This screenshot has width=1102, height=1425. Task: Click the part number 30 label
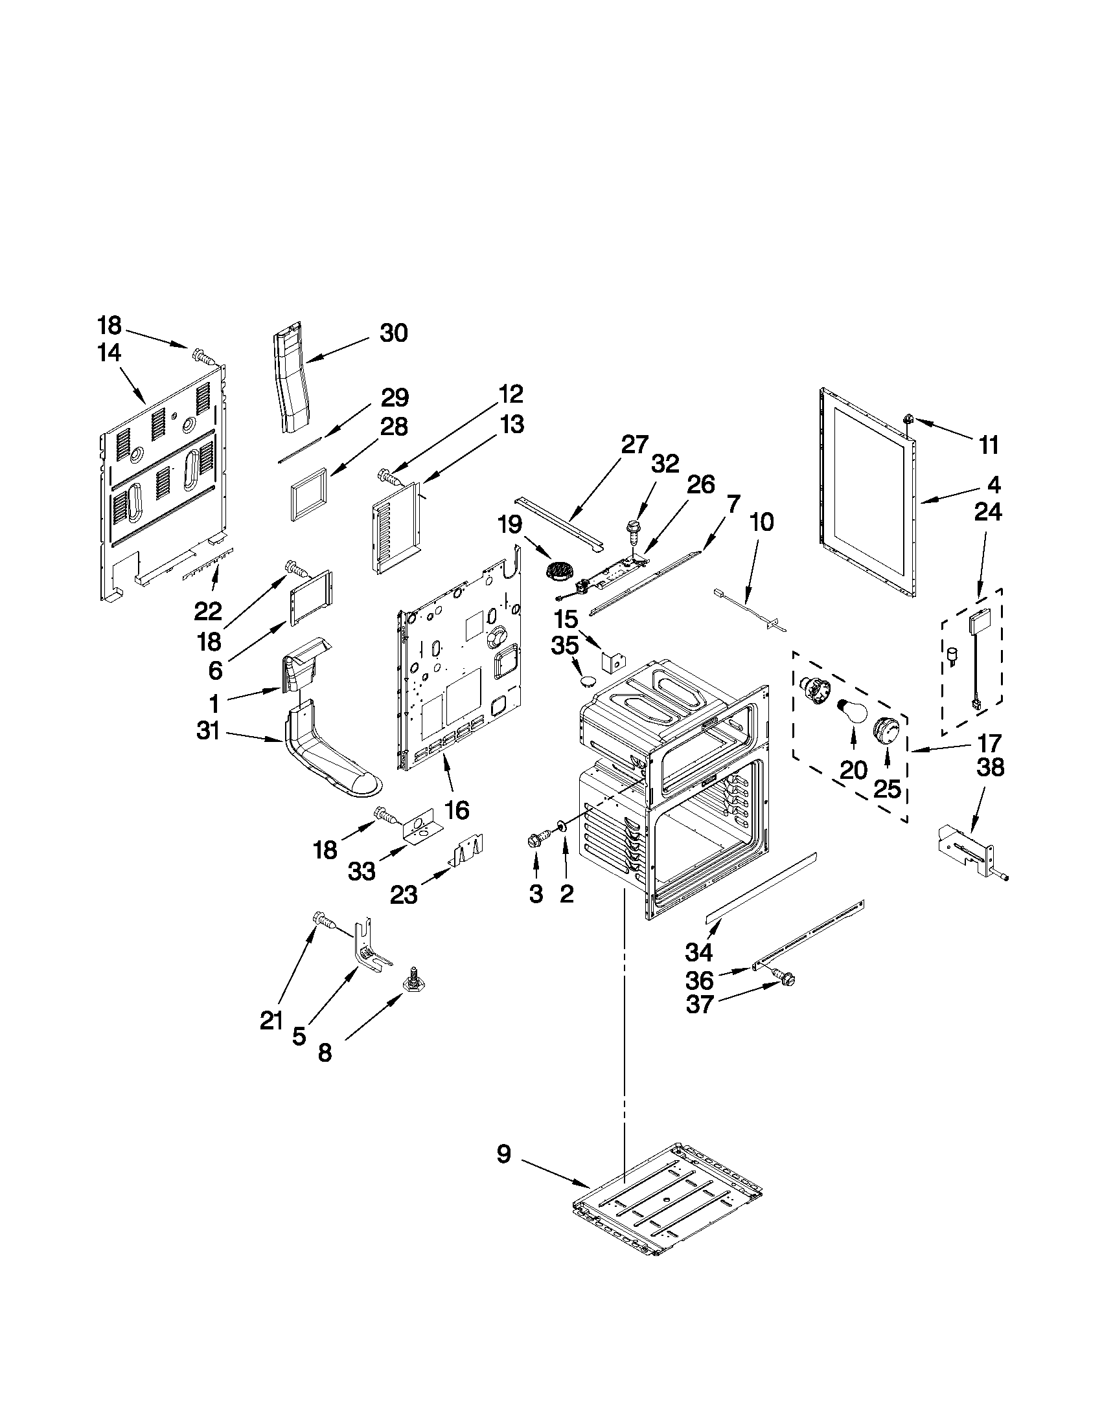[394, 333]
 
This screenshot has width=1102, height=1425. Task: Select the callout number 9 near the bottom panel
[503, 1154]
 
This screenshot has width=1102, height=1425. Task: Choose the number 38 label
[990, 768]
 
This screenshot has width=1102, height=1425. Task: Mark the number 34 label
[698, 952]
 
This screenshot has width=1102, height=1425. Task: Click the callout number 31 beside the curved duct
[208, 733]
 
